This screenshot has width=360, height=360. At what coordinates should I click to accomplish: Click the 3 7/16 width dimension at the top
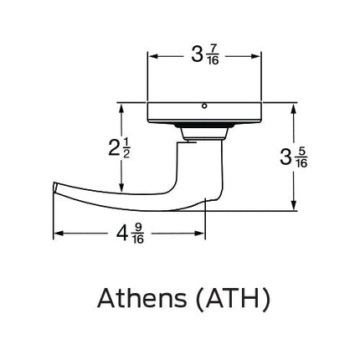pyautogui.click(x=204, y=56)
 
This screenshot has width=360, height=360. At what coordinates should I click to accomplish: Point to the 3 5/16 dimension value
pyautogui.click(x=294, y=157)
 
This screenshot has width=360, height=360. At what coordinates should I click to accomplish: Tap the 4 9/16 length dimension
pyautogui.click(x=130, y=234)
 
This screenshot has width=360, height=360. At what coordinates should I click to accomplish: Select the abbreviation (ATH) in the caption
pyautogui.click(x=233, y=298)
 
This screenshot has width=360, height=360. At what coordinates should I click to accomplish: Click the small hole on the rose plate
pyautogui.click(x=204, y=106)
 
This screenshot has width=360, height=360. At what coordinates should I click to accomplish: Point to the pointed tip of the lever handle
pyautogui.click(x=55, y=186)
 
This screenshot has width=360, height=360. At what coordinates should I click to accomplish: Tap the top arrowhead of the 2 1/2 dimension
pyautogui.click(x=121, y=107)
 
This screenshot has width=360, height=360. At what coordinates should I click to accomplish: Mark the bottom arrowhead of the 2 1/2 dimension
pyautogui.click(x=121, y=189)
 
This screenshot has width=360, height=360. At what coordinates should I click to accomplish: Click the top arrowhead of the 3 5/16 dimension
pyautogui.click(x=294, y=107)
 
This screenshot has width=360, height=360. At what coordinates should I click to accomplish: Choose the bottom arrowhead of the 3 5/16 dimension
pyautogui.click(x=294, y=207)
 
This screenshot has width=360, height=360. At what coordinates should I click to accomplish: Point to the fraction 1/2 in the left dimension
pyautogui.click(x=126, y=148)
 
